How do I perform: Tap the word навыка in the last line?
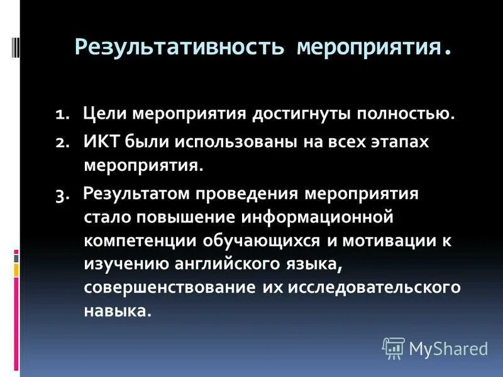(117, 310)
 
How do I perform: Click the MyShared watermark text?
(447, 348)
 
